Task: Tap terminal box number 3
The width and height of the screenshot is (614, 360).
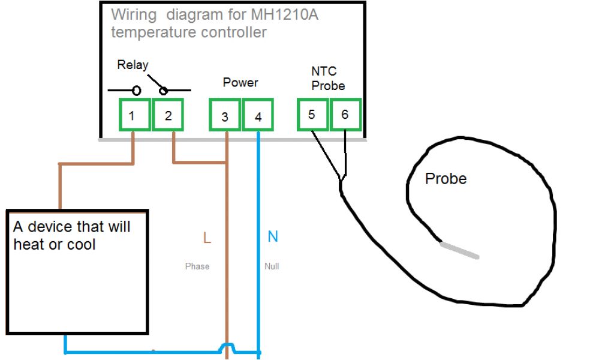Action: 224,116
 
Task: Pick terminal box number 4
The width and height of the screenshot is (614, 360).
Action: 258,116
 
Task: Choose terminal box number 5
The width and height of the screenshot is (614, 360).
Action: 312,114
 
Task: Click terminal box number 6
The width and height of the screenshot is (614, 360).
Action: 345,114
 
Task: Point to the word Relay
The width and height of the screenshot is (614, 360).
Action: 133,65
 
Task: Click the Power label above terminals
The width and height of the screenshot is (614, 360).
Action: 240,82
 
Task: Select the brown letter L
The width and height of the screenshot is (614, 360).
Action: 207,238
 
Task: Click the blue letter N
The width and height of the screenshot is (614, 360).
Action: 273,237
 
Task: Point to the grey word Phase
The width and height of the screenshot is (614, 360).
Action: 197,266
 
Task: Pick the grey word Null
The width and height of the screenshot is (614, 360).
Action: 272,266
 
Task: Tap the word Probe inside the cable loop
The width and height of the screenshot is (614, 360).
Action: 446,178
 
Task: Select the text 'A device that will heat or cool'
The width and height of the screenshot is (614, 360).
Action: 72,235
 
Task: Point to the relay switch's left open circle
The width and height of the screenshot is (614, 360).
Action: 137,91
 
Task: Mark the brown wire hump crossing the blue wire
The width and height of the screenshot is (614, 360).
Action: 227,347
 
